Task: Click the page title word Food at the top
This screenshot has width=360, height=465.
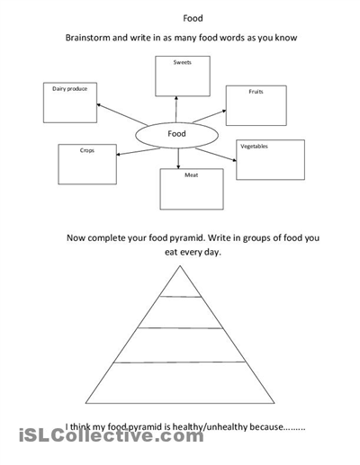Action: point(193,18)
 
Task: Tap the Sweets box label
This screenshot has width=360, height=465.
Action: point(183,62)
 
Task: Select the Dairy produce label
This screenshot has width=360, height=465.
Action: point(70,89)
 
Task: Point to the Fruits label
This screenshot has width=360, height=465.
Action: point(256,92)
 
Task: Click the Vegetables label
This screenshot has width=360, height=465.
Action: point(254,147)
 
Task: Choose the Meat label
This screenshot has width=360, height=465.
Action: point(192,175)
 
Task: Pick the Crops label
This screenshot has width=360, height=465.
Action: point(87,150)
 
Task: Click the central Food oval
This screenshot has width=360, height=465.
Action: point(176,135)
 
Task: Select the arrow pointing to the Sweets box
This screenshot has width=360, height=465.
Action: point(176,109)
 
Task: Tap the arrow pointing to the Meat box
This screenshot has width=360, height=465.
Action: point(178,158)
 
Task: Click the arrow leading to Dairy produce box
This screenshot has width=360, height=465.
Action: point(121,114)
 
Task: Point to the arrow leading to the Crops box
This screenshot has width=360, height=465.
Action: point(138,152)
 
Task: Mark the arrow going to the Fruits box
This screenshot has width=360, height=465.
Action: point(210,116)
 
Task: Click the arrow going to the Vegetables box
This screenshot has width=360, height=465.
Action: point(216,155)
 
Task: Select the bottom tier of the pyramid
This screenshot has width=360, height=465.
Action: point(180,383)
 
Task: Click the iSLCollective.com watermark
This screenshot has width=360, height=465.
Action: point(112,435)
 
